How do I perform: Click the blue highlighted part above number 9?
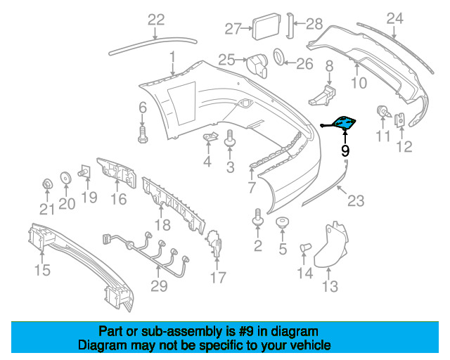[342, 123]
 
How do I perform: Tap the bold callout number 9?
[345, 150]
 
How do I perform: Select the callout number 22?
[156, 20]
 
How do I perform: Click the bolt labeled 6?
[143, 134]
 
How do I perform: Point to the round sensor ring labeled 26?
[278, 56]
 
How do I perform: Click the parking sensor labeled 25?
[257, 65]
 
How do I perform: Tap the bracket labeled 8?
[323, 95]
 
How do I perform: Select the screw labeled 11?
[383, 112]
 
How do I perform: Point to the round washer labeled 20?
[65, 177]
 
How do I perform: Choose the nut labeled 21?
[47, 184]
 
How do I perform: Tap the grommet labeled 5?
[283, 223]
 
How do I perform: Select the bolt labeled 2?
[257, 217]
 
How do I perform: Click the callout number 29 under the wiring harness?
[159, 286]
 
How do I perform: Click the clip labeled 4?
[210, 136]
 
